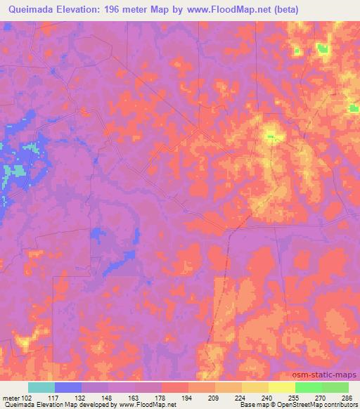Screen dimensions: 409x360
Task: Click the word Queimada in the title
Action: pos(33,10)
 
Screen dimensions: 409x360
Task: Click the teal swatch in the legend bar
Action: pos(42,387)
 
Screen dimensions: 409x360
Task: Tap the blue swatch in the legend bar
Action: pos(69,387)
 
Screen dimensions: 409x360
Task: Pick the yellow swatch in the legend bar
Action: pos(282,387)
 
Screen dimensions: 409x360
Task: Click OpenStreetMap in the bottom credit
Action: pos(299,405)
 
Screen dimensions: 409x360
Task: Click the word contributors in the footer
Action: pos(340,405)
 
